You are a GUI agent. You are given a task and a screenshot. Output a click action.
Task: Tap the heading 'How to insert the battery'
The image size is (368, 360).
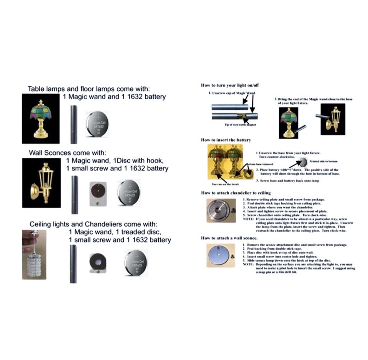click(226, 140)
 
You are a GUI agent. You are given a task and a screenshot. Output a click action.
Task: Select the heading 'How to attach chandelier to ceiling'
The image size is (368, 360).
click(236, 193)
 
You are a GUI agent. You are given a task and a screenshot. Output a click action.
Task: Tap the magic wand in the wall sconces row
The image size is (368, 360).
click(74, 195)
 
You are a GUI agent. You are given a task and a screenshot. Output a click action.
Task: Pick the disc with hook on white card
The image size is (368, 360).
click(97, 193)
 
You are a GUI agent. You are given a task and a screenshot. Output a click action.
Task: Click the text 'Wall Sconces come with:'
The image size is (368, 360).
click(67, 153)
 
